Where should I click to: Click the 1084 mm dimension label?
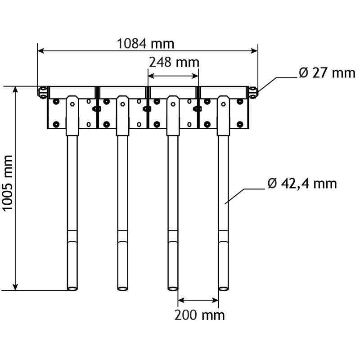[145, 44]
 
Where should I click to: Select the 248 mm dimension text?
[173, 62]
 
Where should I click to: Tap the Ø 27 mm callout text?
[327, 73]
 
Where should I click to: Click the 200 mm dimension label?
[199, 315]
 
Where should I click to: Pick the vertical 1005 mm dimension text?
[8, 188]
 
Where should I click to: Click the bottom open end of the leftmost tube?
[72, 288]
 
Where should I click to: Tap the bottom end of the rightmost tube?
[224, 288]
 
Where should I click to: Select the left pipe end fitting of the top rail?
[42, 92]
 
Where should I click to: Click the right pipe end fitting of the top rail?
[253, 92]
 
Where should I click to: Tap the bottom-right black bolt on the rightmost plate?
[239, 124]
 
